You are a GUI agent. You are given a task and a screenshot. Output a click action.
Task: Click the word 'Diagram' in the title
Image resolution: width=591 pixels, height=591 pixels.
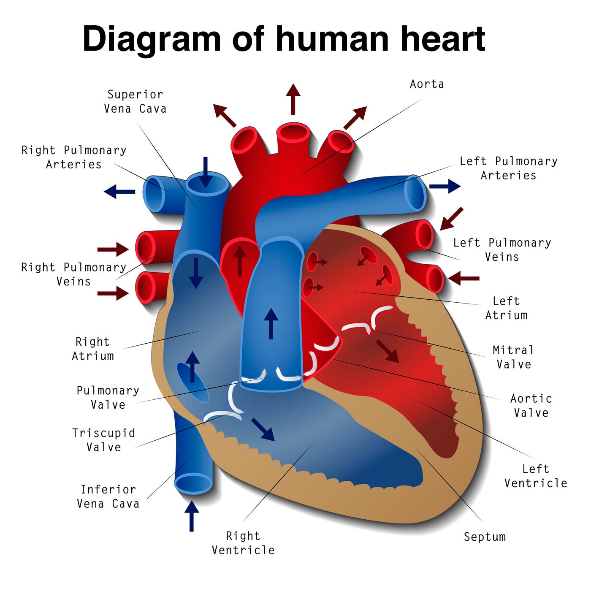(152, 39)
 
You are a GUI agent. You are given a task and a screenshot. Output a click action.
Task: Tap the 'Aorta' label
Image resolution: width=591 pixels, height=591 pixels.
(427, 84)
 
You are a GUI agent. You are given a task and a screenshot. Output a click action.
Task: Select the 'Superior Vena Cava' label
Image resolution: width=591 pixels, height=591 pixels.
(135, 102)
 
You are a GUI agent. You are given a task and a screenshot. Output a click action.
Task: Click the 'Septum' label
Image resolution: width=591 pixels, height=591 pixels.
(485, 537)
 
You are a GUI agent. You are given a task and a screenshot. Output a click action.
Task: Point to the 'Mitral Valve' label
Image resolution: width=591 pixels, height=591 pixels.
(513, 357)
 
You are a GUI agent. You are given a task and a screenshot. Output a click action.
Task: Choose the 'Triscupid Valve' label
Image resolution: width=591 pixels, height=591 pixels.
(104, 440)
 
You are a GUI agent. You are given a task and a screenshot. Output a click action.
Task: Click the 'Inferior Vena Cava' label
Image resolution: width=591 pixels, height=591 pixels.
(108, 496)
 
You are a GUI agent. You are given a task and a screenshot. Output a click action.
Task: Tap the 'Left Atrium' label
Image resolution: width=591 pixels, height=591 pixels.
(506, 308)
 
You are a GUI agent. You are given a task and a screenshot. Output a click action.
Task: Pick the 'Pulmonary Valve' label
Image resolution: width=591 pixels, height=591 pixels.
(108, 398)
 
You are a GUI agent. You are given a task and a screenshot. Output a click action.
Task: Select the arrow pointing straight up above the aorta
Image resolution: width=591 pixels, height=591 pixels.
(293, 99)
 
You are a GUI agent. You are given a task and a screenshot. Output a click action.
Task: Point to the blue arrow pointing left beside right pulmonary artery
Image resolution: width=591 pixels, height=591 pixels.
(120, 192)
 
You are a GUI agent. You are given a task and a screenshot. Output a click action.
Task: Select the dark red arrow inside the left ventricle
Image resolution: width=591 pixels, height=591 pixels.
(388, 351)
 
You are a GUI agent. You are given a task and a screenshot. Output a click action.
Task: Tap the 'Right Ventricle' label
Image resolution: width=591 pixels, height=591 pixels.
(243, 543)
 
